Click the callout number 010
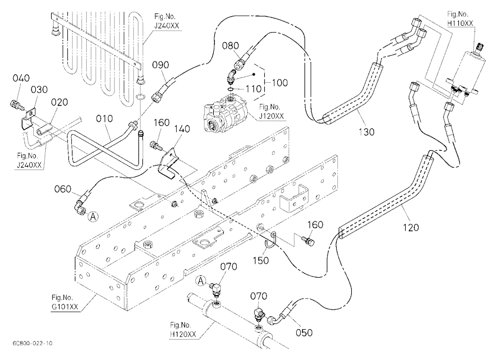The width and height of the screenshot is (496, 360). tap(104, 119)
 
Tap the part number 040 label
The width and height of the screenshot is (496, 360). tap(21, 78)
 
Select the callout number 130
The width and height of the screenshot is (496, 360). tap(367, 131)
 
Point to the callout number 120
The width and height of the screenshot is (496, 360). tap(411, 227)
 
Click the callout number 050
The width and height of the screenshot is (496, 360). tap(304, 332)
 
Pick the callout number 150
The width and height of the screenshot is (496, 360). tap(261, 260)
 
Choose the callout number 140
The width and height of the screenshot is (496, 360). tap(182, 129)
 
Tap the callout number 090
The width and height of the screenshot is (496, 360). tap(161, 65)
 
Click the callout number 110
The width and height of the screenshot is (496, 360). tap(253, 89)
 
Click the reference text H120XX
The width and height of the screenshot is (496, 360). tap(183, 334)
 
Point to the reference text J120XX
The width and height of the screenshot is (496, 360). tap(271, 116)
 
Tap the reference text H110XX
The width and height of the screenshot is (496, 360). tap(460, 23)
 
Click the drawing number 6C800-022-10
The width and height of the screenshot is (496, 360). tap(33, 343)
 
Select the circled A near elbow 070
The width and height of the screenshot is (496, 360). tap(201, 281)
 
